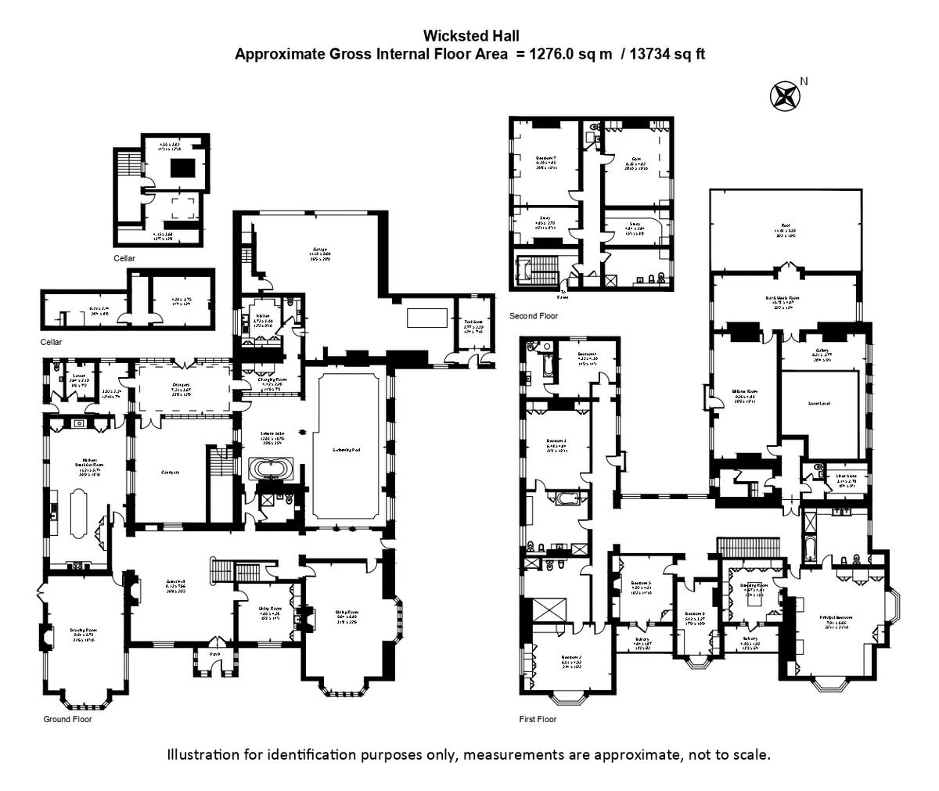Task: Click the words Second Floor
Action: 534,316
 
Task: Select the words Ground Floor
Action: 67,718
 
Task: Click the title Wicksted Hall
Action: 470,35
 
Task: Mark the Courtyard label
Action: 171,473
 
